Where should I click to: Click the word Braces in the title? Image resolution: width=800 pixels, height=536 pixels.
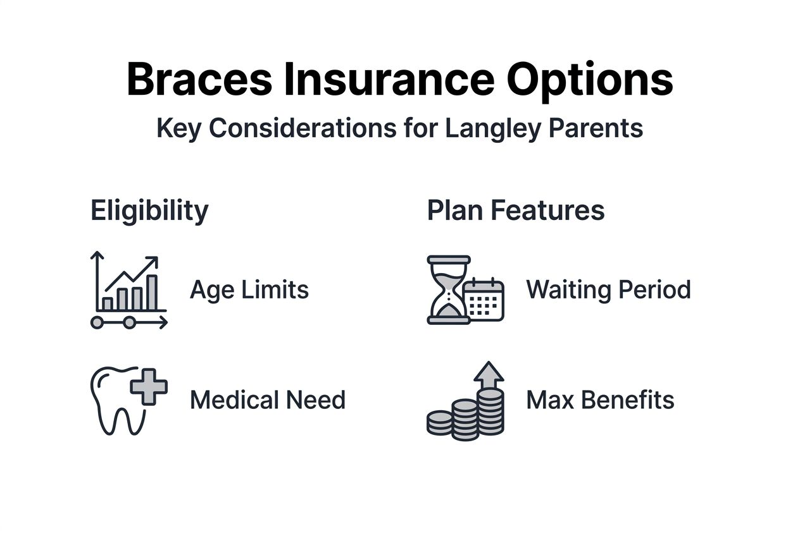pyautogui.click(x=199, y=79)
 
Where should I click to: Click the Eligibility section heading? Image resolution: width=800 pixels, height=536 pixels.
pyautogui.click(x=149, y=210)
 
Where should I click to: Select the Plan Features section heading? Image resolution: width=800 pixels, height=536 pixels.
pyautogui.click(x=516, y=210)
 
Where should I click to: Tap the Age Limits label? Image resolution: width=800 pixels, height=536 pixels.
pyautogui.click(x=249, y=290)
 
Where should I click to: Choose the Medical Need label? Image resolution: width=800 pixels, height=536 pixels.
pyautogui.click(x=268, y=400)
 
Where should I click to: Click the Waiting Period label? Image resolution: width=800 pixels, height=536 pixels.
pyautogui.click(x=608, y=290)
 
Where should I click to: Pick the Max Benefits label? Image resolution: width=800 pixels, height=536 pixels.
pyautogui.click(x=600, y=400)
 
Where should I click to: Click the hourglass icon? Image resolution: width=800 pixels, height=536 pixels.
pyautogui.click(x=448, y=289)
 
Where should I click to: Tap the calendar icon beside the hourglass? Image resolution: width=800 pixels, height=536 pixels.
pyautogui.click(x=484, y=300)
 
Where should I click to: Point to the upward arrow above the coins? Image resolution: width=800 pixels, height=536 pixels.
pyautogui.click(x=489, y=374)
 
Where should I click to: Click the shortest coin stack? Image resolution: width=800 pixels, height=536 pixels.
pyautogui.click(x=440, y=422)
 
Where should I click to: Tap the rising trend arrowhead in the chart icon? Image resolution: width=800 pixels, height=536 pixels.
pyautogui.click(x=153, y=260)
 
